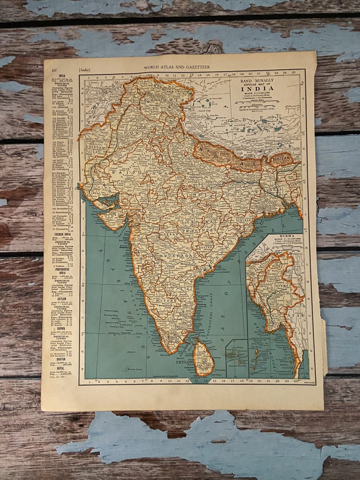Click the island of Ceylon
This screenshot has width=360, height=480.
point(204,359)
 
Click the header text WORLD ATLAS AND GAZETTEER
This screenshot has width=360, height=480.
point(177,67)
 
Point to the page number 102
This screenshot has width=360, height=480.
point(54,70)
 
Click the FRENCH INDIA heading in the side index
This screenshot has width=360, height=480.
point(62,228)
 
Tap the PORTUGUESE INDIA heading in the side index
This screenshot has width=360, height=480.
point(62,270)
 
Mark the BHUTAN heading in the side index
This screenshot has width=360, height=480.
point(61,359)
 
